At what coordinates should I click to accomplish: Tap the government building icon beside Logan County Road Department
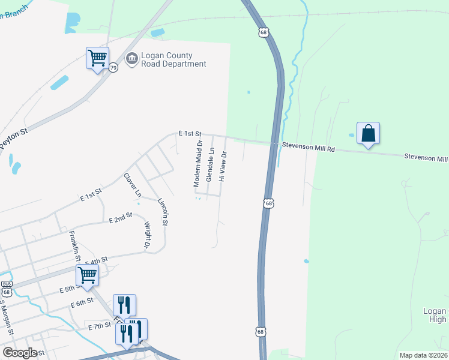coord(131,58)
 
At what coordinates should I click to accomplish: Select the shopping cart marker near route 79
coord(97,59)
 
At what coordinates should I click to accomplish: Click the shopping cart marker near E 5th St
coord(88,275)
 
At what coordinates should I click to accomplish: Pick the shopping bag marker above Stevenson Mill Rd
coord(368,133)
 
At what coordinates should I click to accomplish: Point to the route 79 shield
coord(113,68)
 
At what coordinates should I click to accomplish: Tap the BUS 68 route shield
coord(7,287)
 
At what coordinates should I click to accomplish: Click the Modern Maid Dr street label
coord(197,163)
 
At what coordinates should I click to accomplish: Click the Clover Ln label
coord(132,185)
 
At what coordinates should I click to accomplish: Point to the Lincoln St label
coord(162,212)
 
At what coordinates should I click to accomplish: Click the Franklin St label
coord(74,245)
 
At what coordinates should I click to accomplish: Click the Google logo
coord(20,352)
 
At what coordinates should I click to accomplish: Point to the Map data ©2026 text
coord(423,355)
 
